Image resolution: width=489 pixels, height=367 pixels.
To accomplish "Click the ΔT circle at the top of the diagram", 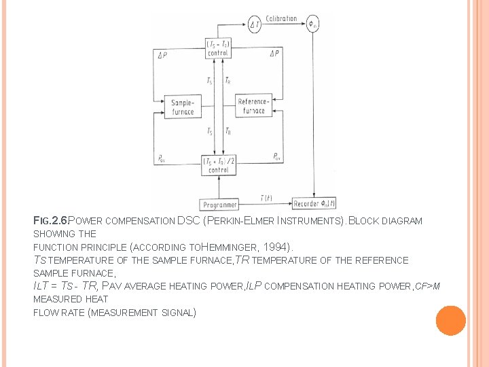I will point(255,25).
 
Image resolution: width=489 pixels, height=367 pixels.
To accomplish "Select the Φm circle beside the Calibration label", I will point(312,25).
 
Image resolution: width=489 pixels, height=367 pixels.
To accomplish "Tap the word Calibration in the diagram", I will point(281,18).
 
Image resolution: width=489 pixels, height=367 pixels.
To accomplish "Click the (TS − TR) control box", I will point(218,48).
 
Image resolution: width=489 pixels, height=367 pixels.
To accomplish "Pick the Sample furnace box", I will point(182,107).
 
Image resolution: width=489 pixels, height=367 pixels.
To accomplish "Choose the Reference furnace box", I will point(253,107).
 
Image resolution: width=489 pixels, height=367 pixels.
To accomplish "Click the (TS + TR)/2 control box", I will point(218,165).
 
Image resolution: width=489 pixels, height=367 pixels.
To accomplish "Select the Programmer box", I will point(219,204).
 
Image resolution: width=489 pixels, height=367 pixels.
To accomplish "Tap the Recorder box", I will point(314,203).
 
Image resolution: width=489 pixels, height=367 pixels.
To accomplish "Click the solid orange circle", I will point(450,320).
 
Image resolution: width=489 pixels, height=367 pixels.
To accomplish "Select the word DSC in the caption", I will point(188,221).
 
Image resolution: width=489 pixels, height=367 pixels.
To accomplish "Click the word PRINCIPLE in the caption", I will point(100,247).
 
